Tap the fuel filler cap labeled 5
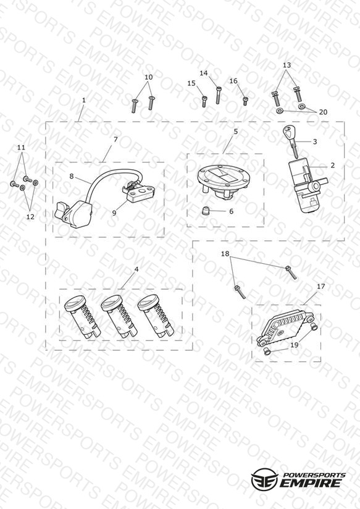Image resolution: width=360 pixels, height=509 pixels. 222,181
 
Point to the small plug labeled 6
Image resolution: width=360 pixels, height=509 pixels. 205,211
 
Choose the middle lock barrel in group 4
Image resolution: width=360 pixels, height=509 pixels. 119,317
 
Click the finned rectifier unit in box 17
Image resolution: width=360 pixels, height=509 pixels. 286,327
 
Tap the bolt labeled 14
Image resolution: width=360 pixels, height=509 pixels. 219,95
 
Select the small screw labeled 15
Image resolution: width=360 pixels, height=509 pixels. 204,101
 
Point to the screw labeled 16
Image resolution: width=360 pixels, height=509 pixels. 245,101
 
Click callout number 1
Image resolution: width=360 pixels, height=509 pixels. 84,100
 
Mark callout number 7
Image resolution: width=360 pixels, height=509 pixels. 115,139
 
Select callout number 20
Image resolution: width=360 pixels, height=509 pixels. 323,112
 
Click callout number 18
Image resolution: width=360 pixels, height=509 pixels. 225,254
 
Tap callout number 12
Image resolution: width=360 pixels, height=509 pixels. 30,217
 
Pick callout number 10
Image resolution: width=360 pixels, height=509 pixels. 148,77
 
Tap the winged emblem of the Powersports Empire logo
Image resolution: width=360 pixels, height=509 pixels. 264,479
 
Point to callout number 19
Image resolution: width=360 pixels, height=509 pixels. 294,345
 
